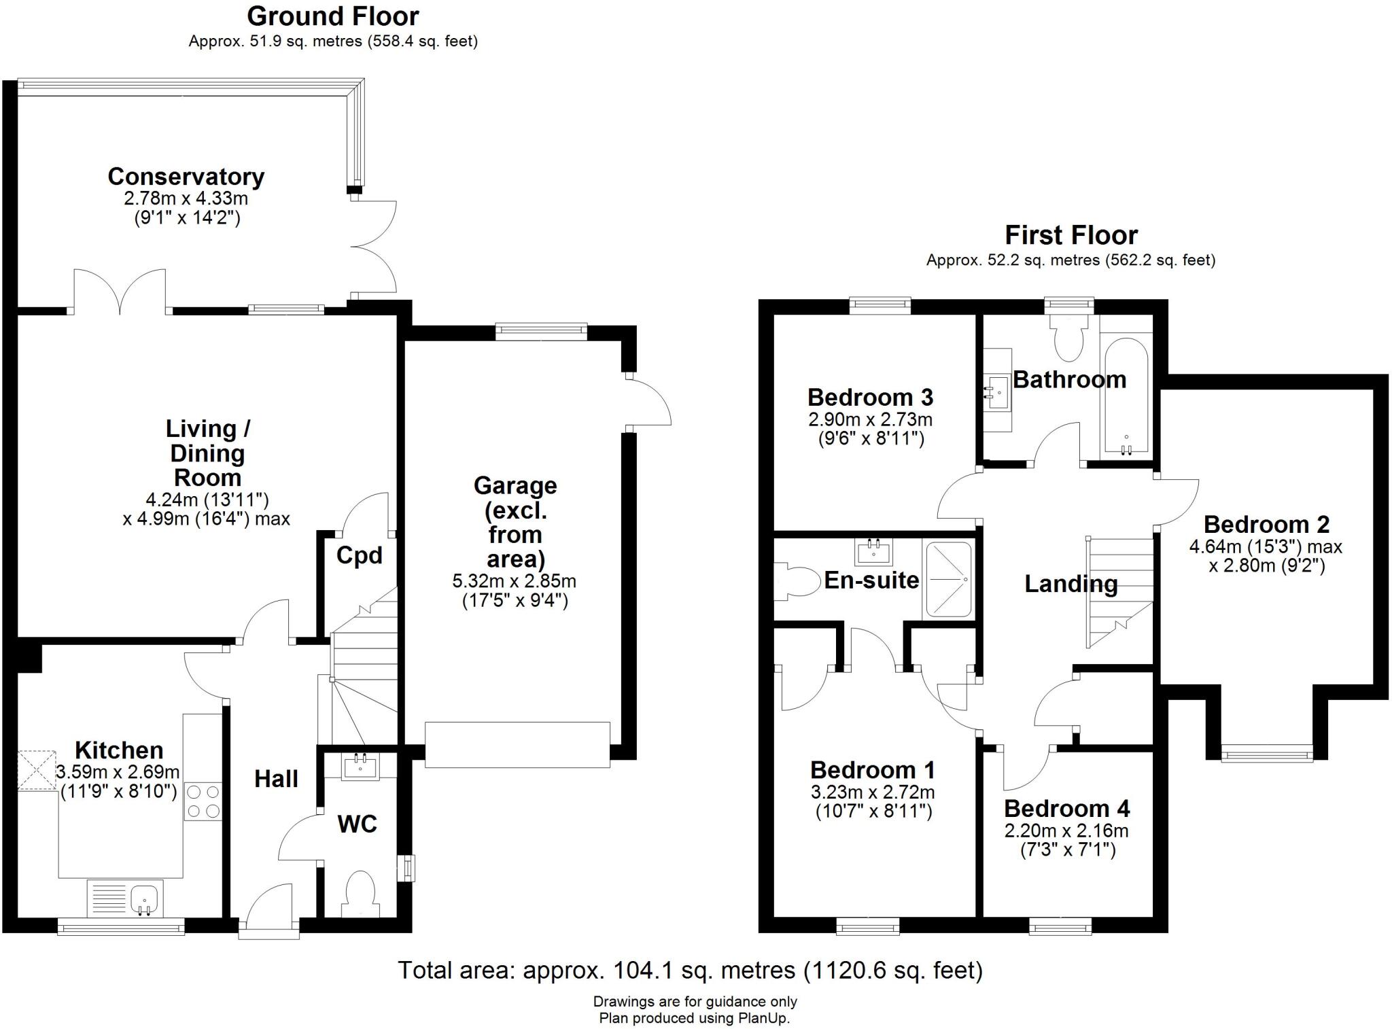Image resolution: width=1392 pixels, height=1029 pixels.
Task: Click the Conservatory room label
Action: pos(186,177)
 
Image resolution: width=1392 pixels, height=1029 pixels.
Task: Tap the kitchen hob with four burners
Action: pos(203,801)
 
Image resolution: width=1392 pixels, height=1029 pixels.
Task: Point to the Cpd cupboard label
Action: pos(359,556)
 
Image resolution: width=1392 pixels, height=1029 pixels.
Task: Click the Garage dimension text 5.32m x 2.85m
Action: pos(515,582)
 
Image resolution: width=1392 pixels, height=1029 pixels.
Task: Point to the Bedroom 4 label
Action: pos(1066,809)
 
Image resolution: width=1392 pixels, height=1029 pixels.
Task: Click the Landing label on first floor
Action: pos(1071,584)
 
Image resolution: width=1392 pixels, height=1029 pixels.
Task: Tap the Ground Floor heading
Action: pos(333,16)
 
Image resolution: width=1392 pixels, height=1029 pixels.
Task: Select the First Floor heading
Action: pos(1071,236)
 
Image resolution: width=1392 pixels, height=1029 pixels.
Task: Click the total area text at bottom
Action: pos(690,970)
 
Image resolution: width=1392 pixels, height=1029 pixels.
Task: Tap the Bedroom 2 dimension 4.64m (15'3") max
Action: pos(1266,546)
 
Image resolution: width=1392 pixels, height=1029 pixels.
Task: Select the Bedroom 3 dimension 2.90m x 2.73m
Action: pos(870,419)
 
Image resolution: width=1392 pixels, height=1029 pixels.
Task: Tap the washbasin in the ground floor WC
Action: pos(360,768)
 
